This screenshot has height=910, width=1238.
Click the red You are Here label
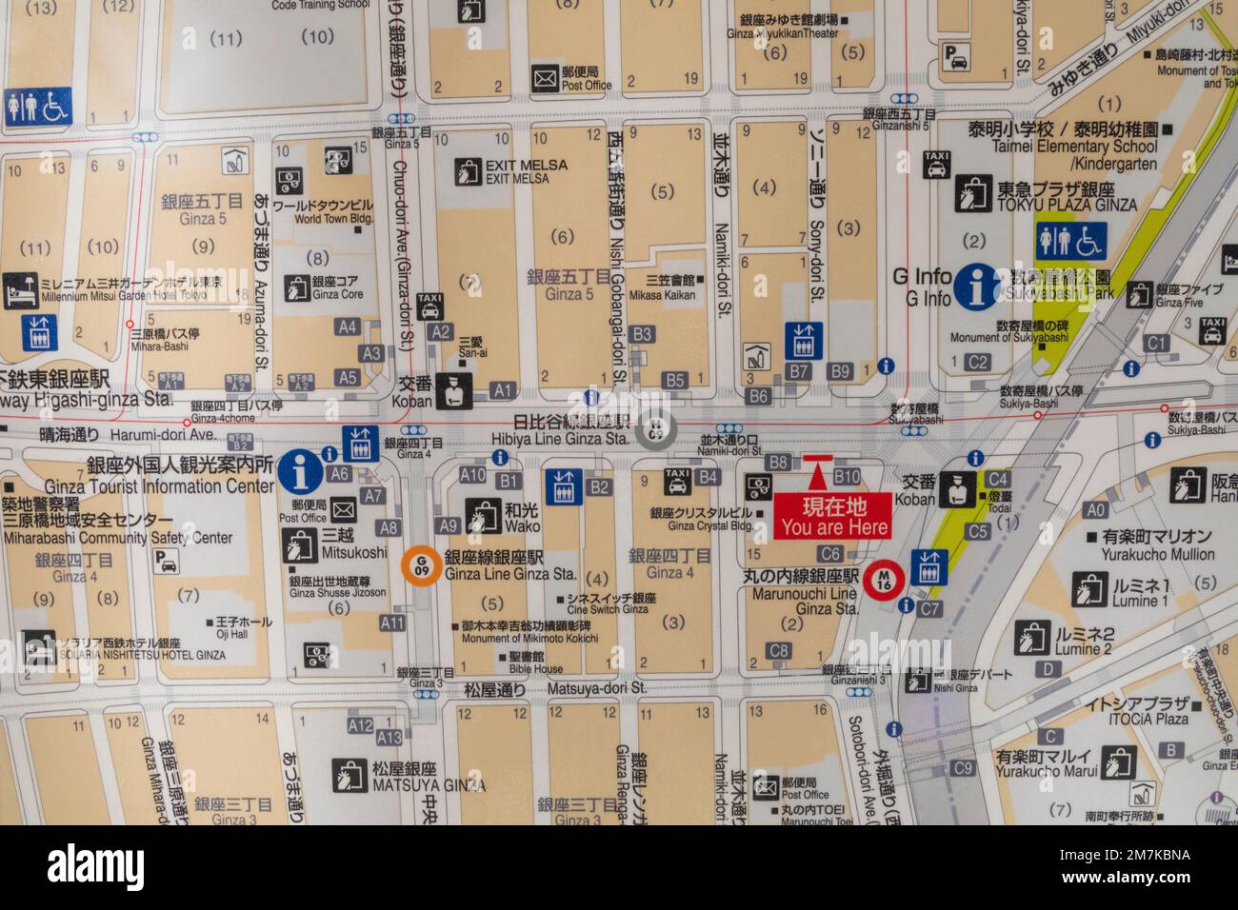pos(833,515)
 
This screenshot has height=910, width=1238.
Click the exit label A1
pos(503,389)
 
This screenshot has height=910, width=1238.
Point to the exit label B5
pos(674,381)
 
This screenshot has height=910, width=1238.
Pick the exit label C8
pos(779,651)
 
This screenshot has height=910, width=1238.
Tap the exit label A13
pos(389,737)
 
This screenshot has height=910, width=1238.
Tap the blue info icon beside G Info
pos(981,286)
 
